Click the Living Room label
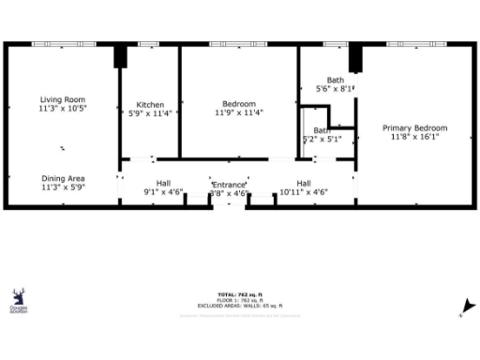pyautogui.click(x=63, y=99)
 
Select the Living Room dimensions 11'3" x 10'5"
pyautogui.click(x=63, y=109)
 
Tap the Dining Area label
pyautogui.click(x=63, y=178)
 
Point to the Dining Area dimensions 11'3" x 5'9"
pyautogui.click(x=63, y=187)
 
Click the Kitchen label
pyautogui.click(x=150, y=104)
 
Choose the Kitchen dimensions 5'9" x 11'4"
pyautogui.click(x=150, y=113)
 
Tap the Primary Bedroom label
pyautogui.click(x=414, y=127)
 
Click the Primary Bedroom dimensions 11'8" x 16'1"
pyautogui.click(x=414, y=137)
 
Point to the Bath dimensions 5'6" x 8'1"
pyautogui.click(x=335, y=89)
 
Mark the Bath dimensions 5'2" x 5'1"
pyautogui.click(x=322, y=139)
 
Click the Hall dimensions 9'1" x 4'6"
pyautogui.click(x=163, y=192)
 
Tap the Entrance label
pyautogui.click(x=229, y=186)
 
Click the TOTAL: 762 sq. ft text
pyautogui.click(x=241, y=292)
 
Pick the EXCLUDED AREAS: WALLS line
pyautogui.click(x=241, y=306)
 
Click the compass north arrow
pyautogui.click(x=461, y=307)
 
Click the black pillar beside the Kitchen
pyautogui.click(x=120, y=56)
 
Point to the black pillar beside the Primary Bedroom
pyautogui.click(x=355, y=58)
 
